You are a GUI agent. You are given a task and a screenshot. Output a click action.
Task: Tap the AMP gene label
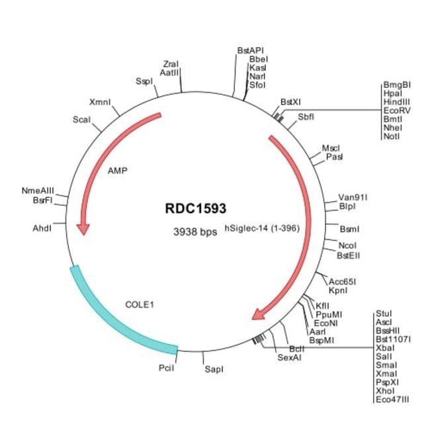click(x=117, y=170)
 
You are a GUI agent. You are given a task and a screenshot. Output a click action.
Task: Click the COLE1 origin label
click(x=140, y=305)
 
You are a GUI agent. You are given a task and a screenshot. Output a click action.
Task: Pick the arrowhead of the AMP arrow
click(x=83, y=228)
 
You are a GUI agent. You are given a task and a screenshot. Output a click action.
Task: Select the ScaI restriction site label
click(x=81, y=119)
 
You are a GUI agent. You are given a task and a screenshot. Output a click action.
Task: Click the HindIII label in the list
click(x=396, y=102)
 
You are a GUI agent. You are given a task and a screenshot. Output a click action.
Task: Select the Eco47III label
click(x=392, y=400)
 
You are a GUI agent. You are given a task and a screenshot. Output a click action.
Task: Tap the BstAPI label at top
click(x=250, y=50)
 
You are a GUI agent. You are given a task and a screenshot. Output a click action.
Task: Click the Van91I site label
click(x=353, y=197)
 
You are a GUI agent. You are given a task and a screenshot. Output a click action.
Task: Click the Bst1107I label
click(x=393, y=339)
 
